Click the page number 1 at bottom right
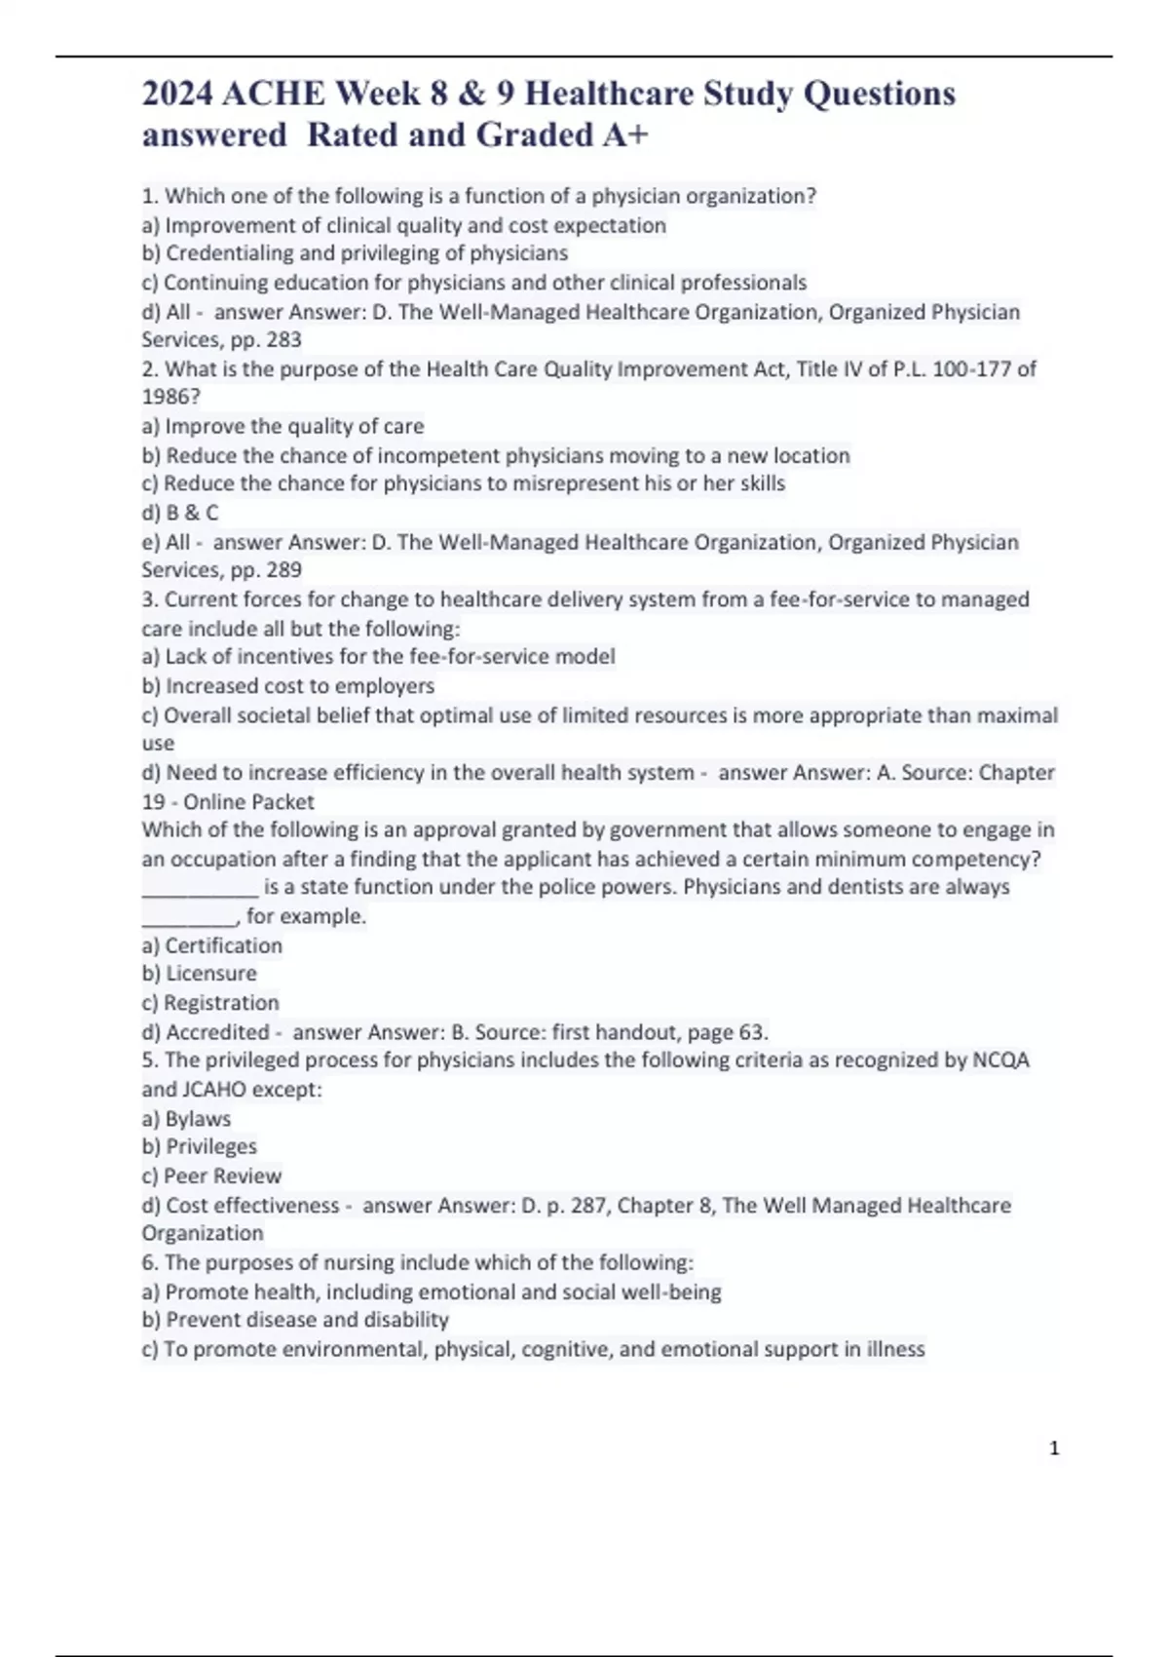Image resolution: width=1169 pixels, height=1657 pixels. tap(1054, 1448)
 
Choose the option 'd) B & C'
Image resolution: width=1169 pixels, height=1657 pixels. tap(180, 513)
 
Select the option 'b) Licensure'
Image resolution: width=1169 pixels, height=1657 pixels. tap(200, 974)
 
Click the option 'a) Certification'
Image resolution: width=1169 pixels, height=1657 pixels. tap(212, 945)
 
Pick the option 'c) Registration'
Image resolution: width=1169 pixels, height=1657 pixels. tap(210, 1003)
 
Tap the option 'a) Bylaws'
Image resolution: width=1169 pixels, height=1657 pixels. tap(186, 1119)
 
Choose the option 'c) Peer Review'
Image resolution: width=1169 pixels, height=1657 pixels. tap(211, 1176)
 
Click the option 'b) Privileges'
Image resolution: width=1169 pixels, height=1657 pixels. tap(200, 1147)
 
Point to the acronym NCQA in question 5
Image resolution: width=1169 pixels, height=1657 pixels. tap(1000, 1060)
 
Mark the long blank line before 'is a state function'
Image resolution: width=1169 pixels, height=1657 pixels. tap(200, 889)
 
